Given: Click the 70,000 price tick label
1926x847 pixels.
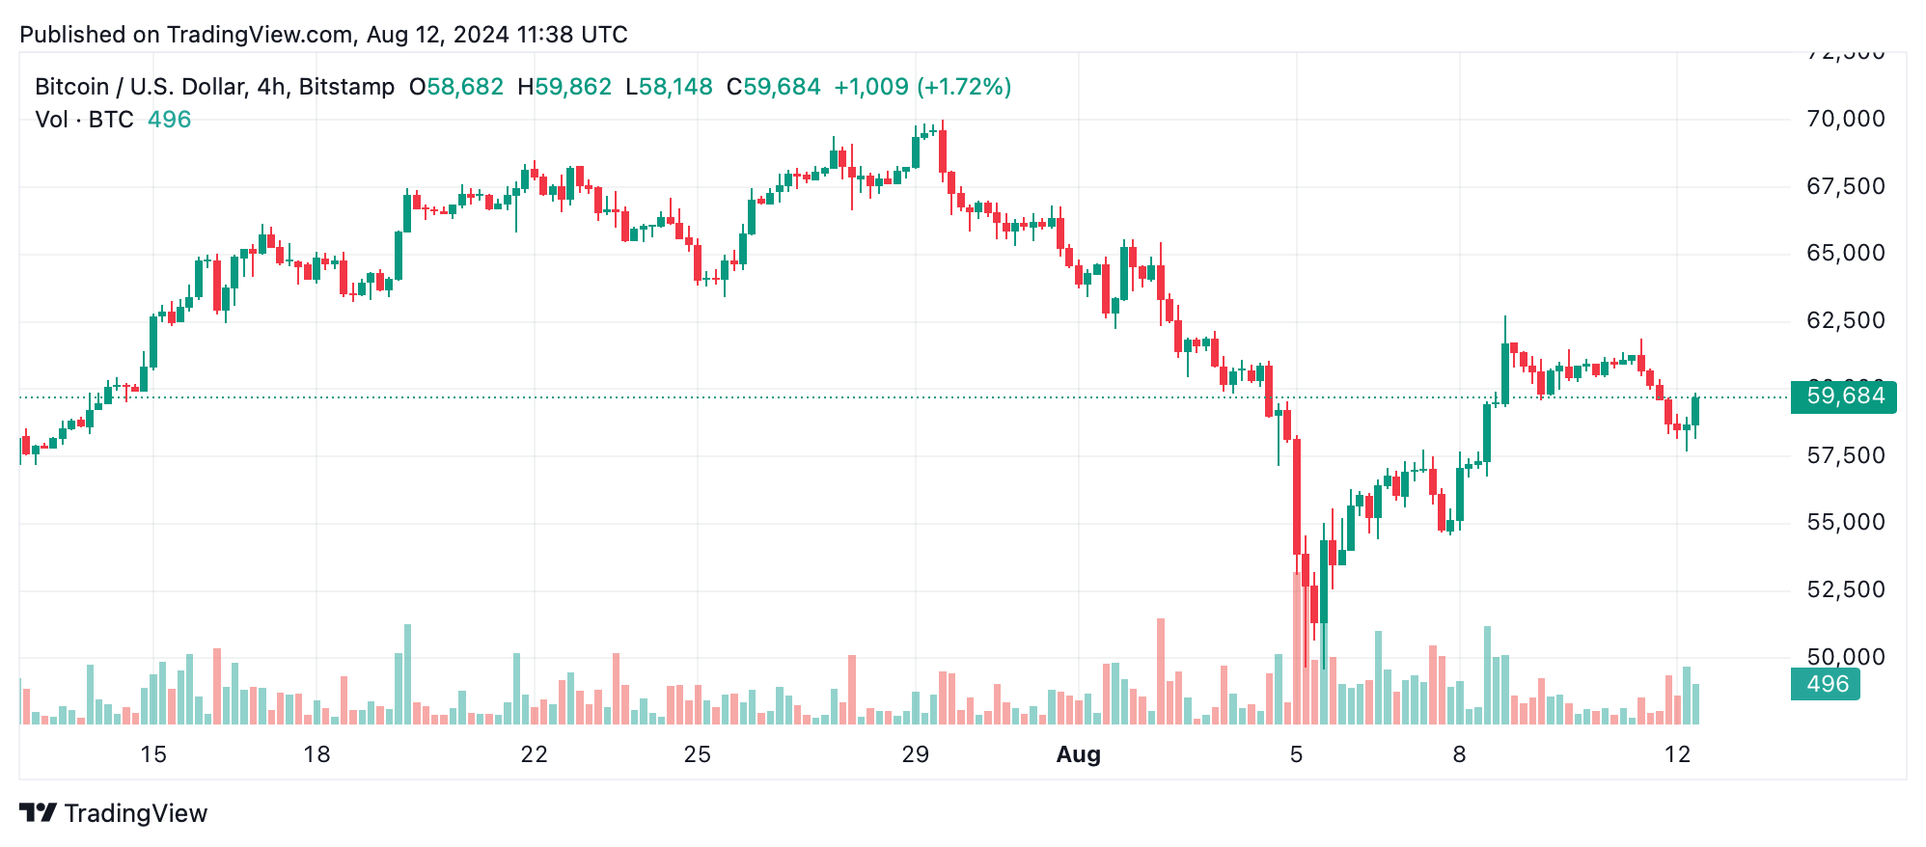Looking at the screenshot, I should click(x=1845, y=119).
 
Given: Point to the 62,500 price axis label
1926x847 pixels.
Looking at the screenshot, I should click(x=1845, y=320).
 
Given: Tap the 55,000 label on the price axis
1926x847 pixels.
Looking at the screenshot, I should click(x=1845, y=522).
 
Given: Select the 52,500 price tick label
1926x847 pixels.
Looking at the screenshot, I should click(x=1845, y=589).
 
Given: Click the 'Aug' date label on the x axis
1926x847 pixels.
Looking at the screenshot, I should click(x=1078, y=754).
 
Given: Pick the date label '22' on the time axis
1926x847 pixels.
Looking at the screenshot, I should click(x=534, y=754).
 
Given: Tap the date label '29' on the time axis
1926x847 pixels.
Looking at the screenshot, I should click(x=915, y=754).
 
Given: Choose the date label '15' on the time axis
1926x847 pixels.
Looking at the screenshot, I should click(x=153, y=754).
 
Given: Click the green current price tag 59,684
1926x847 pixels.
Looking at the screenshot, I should click(x=1844, y=396).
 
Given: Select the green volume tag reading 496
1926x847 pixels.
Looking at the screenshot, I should click(x=1826, y=684).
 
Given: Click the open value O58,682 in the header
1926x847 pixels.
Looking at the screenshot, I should click(x=456, y=87).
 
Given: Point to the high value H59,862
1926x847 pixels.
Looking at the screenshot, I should click(x=564, y=87).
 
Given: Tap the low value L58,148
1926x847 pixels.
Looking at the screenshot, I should click(x=669, y=87).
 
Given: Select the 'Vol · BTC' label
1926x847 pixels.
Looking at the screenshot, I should click(x=84, y=120).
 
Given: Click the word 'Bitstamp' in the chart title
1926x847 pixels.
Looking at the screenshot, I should click(x=346, y=87).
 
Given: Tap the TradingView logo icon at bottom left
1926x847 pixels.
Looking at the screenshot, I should click(x=39, y=813).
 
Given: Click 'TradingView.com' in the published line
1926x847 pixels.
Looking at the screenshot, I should click(x=260, y=35).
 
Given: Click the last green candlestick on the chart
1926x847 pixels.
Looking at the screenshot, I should click(x=1695, y=411).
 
